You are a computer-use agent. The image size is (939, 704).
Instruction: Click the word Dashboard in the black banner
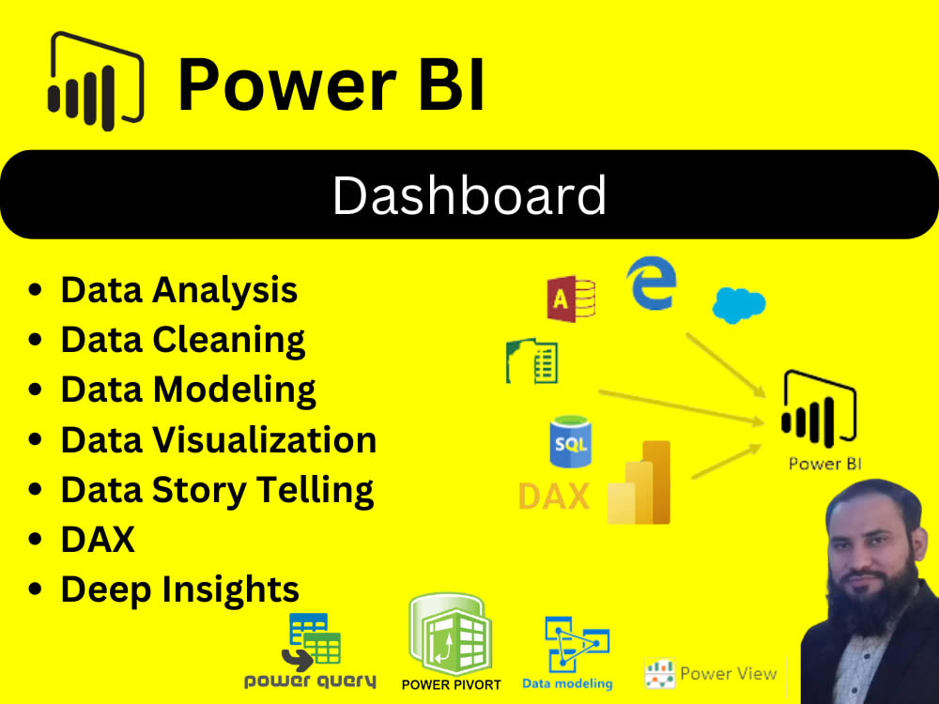[469, 196]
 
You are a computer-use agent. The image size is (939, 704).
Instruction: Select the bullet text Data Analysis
[178, 290]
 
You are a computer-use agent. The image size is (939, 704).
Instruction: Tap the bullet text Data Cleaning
[182, 339]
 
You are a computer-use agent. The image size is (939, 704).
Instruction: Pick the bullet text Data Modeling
[188, 389]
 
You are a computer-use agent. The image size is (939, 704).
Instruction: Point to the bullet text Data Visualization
[218, 438]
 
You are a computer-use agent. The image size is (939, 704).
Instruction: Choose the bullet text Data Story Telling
[217, 489]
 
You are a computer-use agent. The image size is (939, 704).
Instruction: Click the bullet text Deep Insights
[179, 589]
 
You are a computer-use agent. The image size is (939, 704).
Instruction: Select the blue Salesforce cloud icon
[739, 305]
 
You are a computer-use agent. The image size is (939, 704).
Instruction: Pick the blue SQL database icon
[570, 443]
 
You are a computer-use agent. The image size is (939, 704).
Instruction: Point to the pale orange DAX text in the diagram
[554, 496]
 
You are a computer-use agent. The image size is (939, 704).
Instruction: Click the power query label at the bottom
[310, 681]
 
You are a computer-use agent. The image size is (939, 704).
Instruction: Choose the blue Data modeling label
[567, 683]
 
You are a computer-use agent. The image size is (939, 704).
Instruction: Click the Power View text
[728, 673]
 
